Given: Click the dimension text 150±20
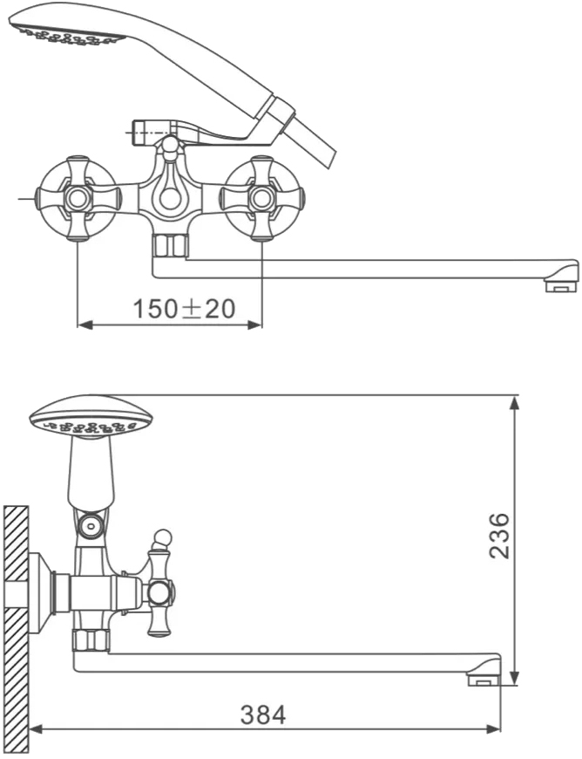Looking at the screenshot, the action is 184,309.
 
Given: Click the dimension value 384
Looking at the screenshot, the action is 263,715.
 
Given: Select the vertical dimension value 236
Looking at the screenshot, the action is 499,536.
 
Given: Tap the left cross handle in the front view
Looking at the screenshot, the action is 78,198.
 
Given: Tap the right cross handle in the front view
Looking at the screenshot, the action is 262,198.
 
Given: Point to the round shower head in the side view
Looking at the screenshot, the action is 91,417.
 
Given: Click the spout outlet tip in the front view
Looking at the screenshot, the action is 561,284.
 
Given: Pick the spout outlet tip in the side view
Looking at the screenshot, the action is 484,680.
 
